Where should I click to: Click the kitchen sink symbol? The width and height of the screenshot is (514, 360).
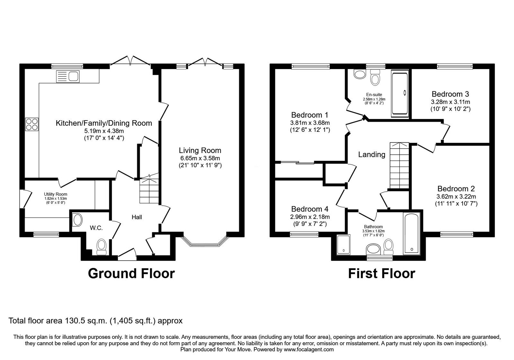[68, 76]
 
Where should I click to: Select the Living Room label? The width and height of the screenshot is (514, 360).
[200, 150]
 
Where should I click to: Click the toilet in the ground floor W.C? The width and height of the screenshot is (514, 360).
[102, 246]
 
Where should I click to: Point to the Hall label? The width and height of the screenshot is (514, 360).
[137, 217]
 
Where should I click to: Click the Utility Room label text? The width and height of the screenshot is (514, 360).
[56, 194]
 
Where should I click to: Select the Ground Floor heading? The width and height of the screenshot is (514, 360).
[131, 274]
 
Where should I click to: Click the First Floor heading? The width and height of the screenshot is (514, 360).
[381, 274]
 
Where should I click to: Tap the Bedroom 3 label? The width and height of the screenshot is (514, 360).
[450, 94]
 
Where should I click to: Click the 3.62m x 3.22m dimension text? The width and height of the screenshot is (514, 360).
[456, 197]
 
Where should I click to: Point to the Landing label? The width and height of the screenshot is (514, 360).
[372, 155]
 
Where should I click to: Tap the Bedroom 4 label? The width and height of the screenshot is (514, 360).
[310, 209]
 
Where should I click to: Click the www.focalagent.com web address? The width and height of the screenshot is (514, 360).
[308, 349]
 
